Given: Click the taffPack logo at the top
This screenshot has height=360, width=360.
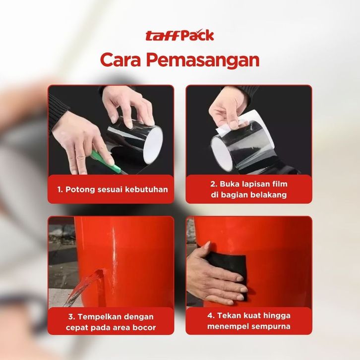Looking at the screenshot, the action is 180,35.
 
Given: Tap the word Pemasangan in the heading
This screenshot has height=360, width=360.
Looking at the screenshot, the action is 203,60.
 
